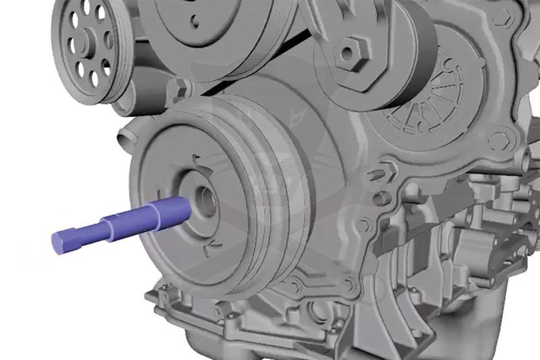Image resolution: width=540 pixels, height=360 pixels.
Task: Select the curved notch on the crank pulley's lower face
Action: (215, 239)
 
